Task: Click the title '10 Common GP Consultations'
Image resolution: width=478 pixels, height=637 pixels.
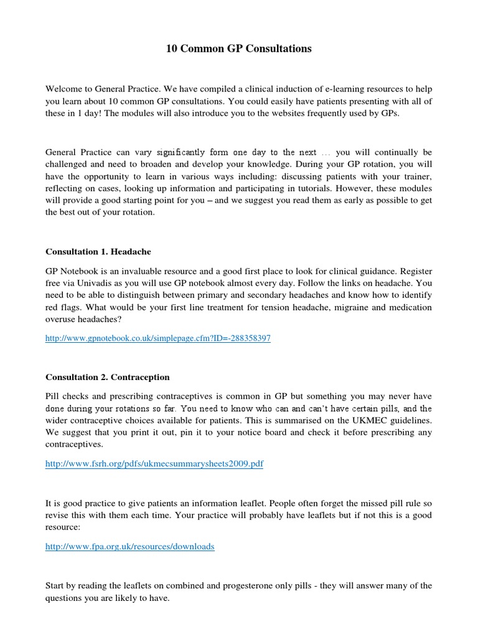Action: pyautogui.click(x=239, y=49)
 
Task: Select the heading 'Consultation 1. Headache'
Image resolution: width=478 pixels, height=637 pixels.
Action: pyautogui.click(x=98, y=252)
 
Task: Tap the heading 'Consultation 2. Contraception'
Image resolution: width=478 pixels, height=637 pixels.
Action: pyautogui.click(x=108, y=377)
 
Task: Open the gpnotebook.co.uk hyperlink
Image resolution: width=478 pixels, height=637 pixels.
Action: pyautogui.click(x=158, y=338)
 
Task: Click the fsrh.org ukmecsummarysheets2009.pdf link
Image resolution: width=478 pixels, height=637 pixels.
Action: pyautogui.click(x=154, y=464)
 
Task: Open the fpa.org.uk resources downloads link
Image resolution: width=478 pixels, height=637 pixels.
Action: pyautogui.click(x=130, y=546)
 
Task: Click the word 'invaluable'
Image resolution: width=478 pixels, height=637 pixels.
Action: pyautogui.click(x=142, y=272)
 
